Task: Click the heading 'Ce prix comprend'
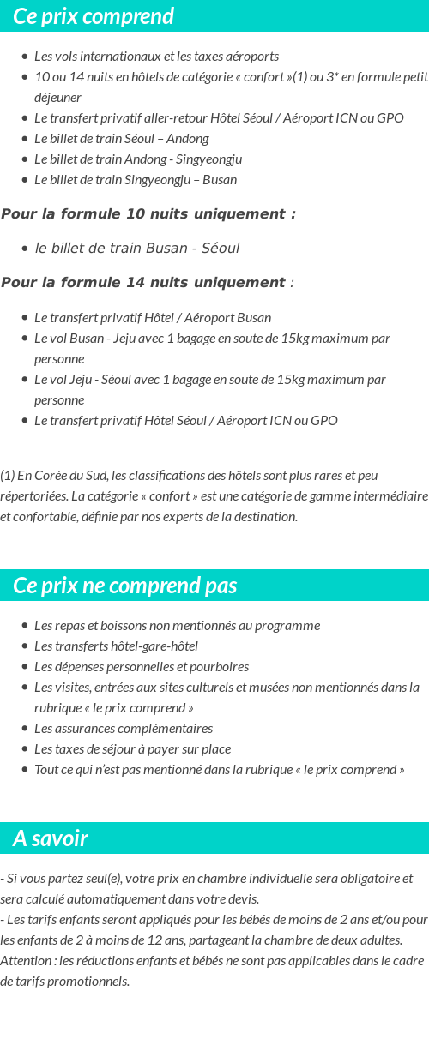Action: click(x=94, y=16)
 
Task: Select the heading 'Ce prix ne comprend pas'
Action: click(x=125, y=586)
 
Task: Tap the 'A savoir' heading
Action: click(x=51, y=838)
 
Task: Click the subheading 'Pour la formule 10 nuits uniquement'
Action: click(x=148, y=214)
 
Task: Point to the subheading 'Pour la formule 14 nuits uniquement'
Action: click(x=143, y=283)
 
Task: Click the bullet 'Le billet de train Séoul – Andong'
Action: click(x=121, y=139)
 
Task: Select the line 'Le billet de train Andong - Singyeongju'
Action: click(x=138, y=159)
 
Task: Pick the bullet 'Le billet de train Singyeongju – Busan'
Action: click(x=136, y=180)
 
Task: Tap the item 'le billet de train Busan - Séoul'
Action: click(x=136, y=249)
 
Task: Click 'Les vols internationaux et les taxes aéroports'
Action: click(x=156, y=57)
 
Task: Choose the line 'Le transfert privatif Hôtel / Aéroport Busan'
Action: click(x=153, y=318)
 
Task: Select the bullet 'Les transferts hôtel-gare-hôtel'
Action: click(x=116, y=646)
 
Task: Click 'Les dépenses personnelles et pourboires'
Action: click(x=142, y=667)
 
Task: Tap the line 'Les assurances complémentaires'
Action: click(x=124, y=729)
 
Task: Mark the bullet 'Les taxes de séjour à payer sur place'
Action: click(x=132, y=749)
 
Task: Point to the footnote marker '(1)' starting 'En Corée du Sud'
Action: click(x=8, y=476)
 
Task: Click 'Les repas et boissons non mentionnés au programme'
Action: click(x=177, y=626)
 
